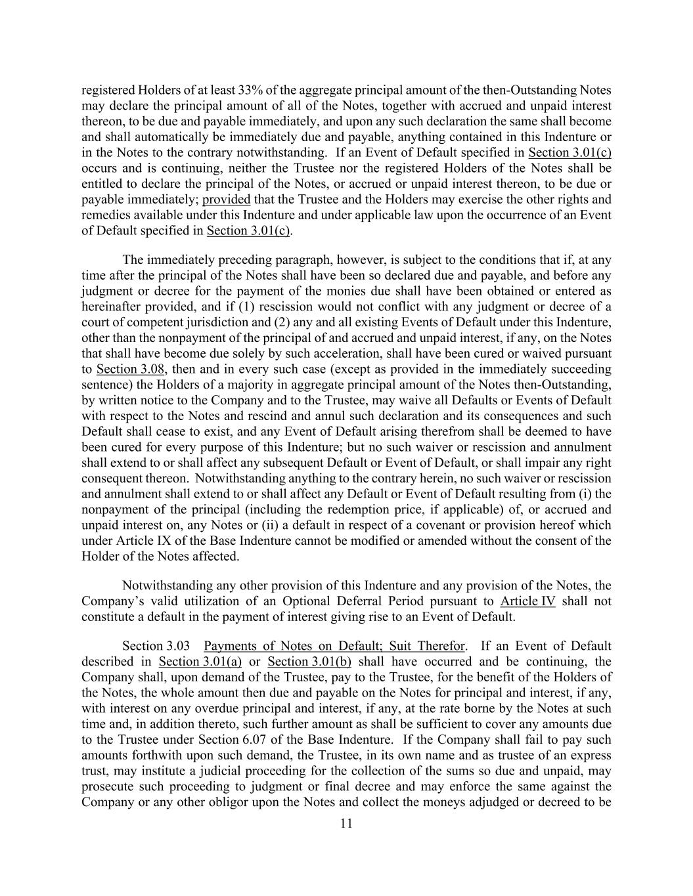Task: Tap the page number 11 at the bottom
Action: click(347, 823)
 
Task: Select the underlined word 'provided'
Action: click(227, 200)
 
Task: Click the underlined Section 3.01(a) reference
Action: click(200, 662)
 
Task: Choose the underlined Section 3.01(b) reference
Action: click(310, 662)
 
